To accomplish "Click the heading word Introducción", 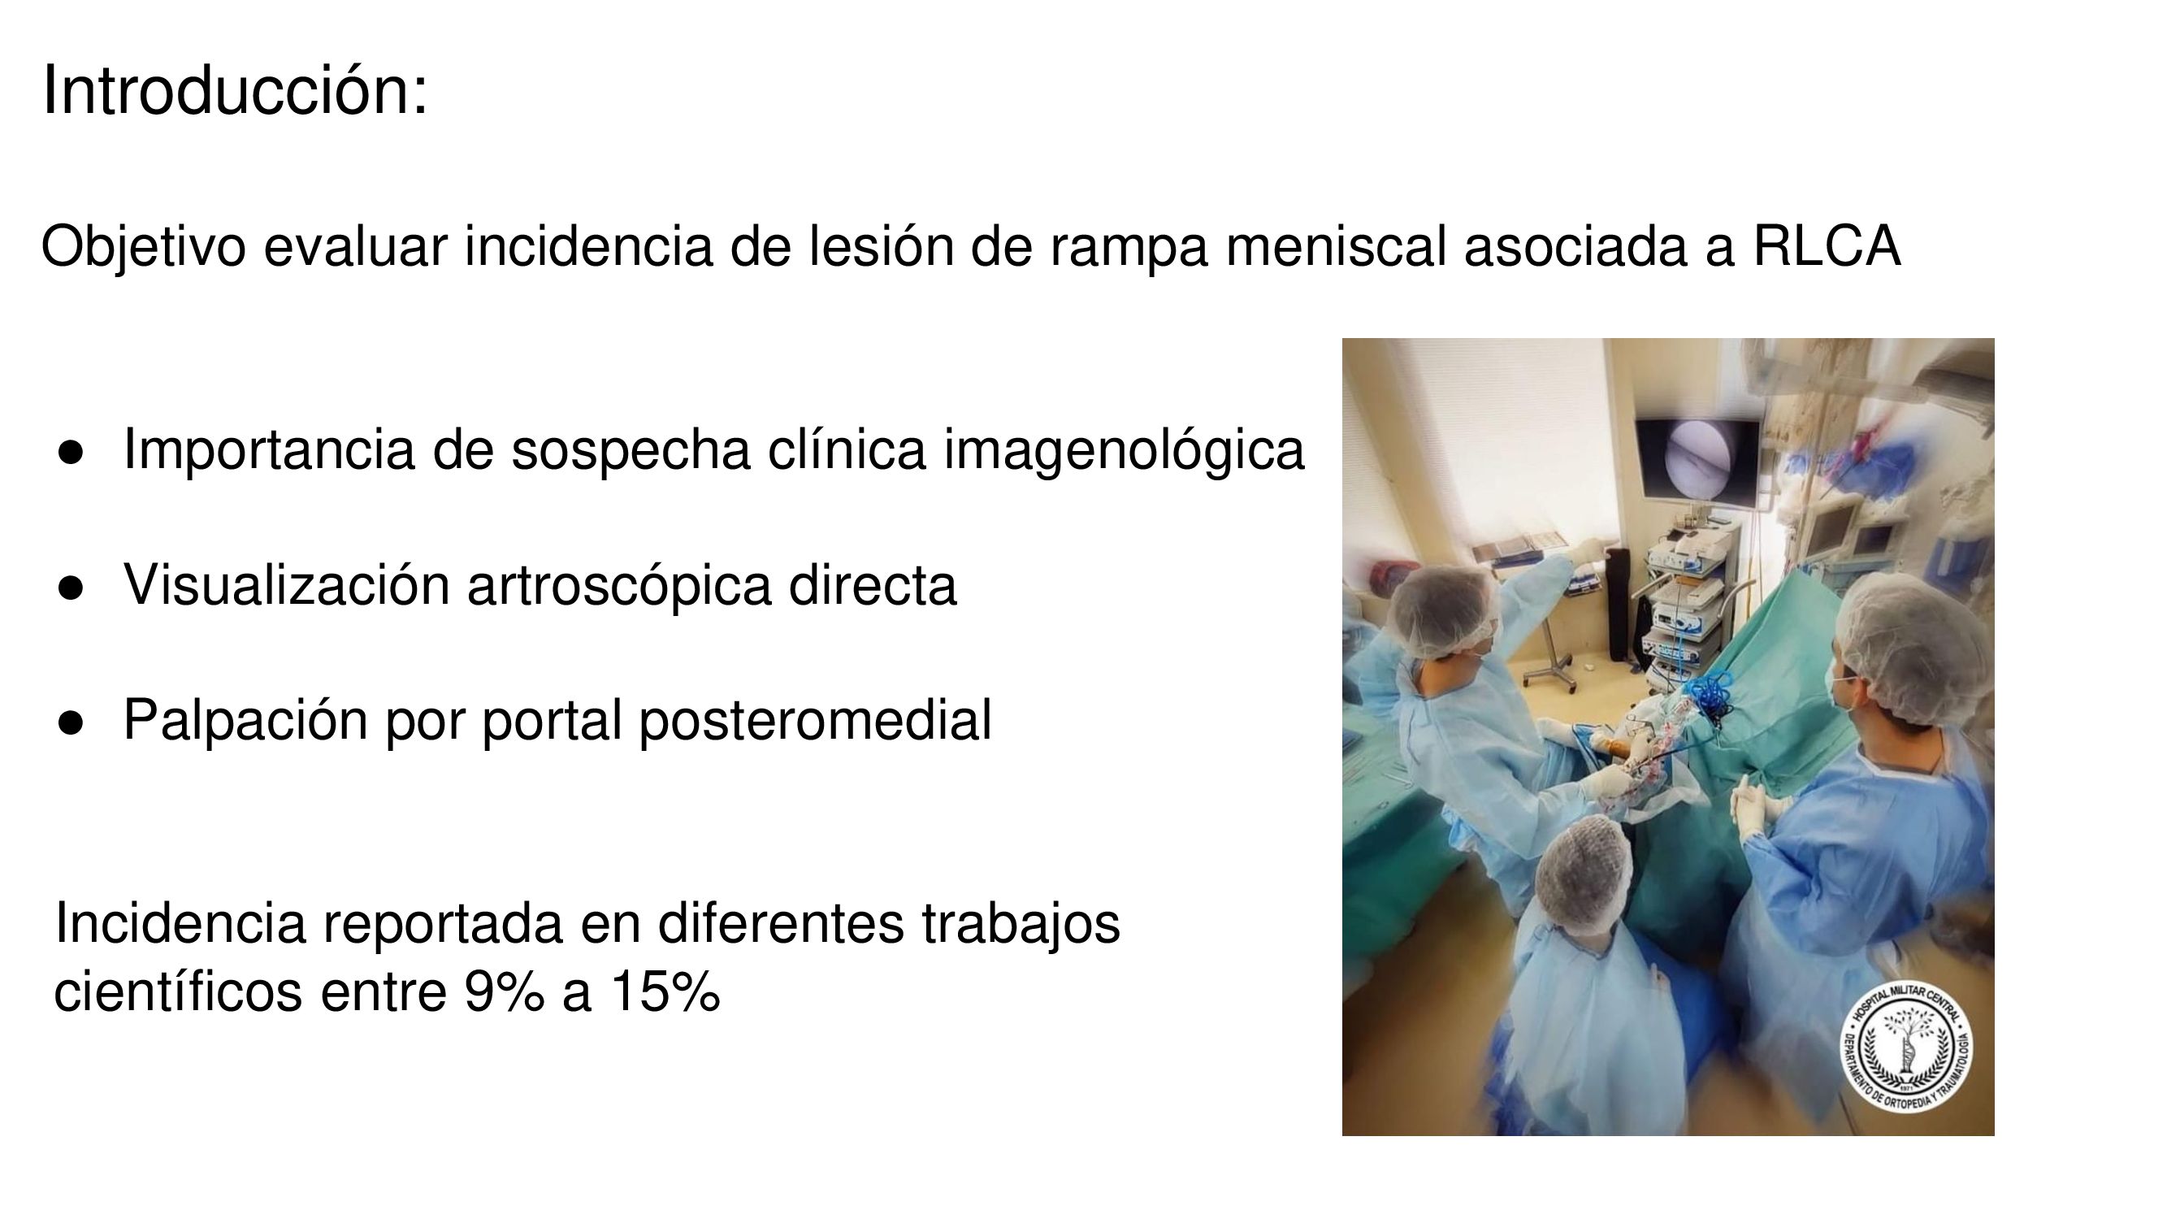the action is (235, 90).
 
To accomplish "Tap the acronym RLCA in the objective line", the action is (1827, 246).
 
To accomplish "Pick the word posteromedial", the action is (815, 720).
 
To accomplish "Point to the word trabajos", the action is (1021, 924).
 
